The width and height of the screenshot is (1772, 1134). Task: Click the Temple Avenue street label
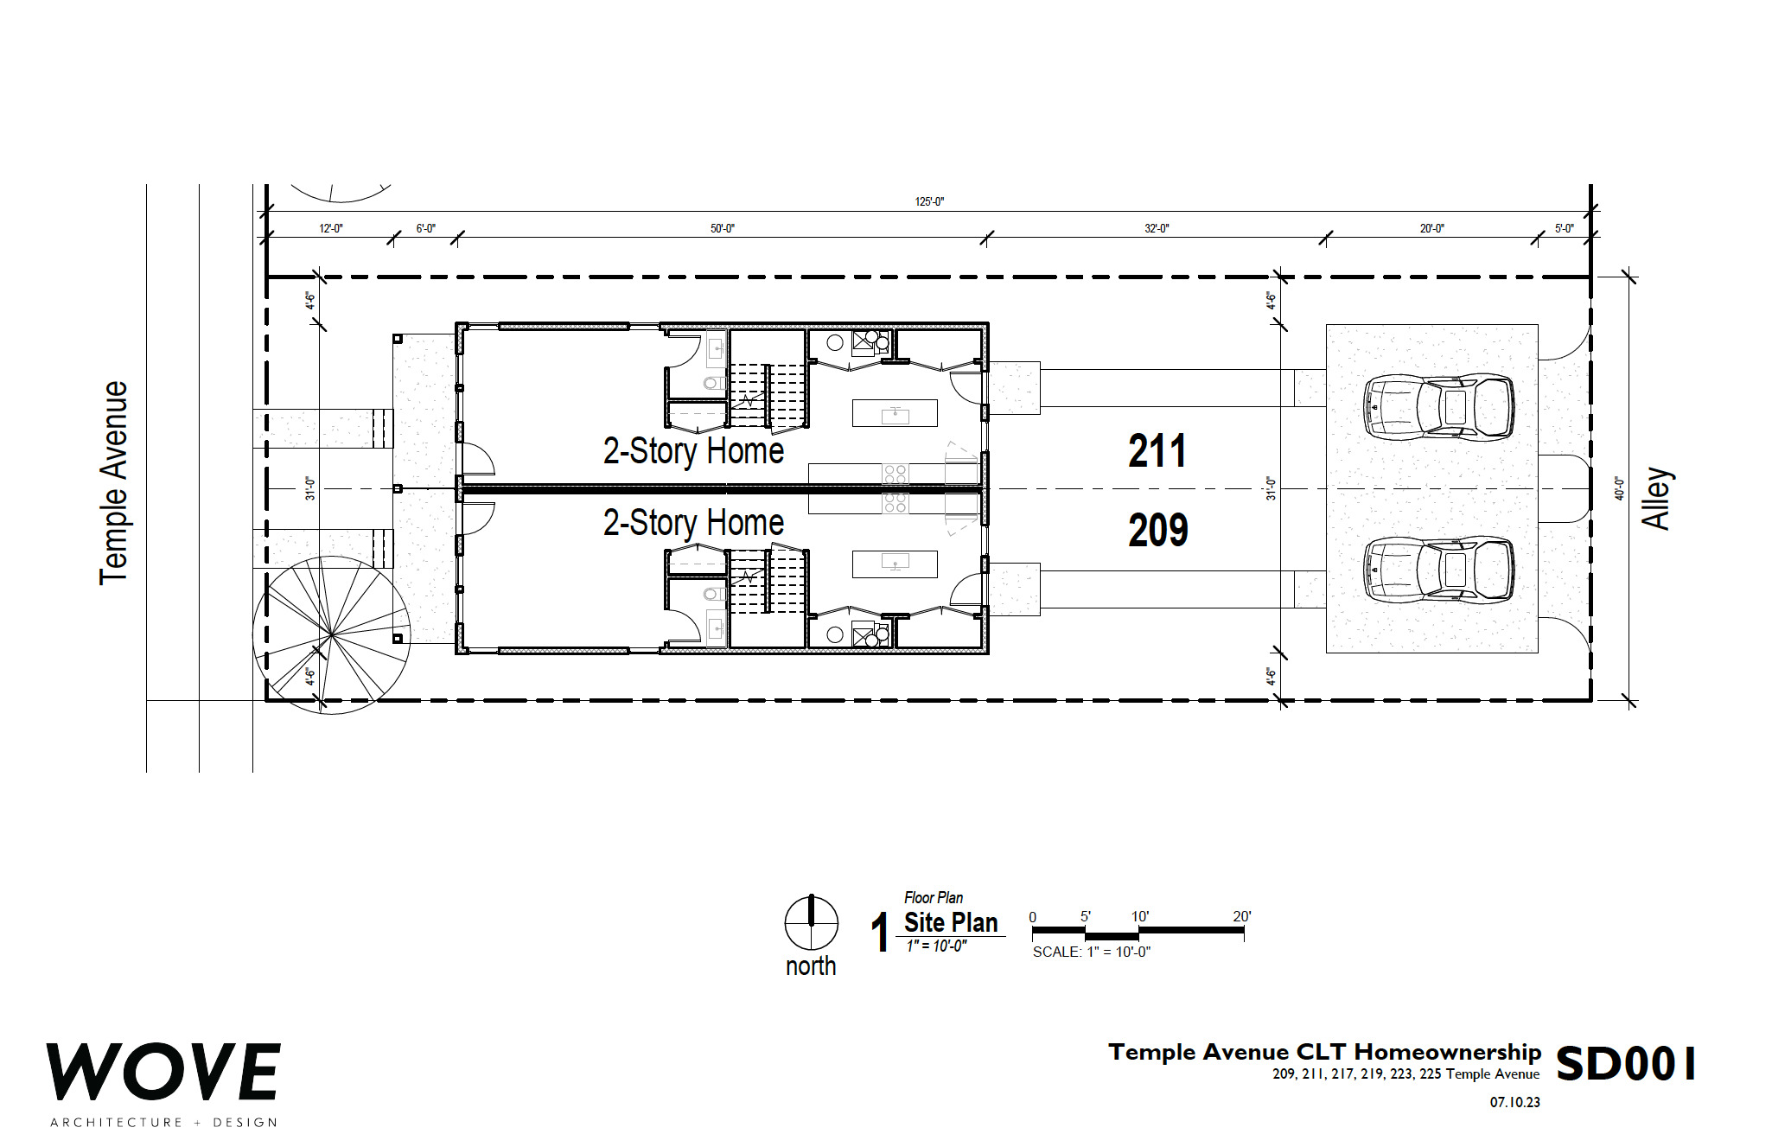point(113,482)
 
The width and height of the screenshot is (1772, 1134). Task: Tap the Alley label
point(1657,498)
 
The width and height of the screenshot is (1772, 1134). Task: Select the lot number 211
point(1157,451)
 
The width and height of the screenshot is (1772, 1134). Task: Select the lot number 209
point(1158,530)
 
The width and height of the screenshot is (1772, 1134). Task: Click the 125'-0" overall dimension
point(929,201)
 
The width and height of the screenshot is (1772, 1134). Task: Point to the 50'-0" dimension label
point(723,228)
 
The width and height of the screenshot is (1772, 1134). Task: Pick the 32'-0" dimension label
point(1157,228)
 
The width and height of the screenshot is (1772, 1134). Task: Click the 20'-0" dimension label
point(1431,228)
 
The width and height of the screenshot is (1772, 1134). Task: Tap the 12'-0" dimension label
point(331,228)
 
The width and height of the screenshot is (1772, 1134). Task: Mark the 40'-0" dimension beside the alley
point(1619,488)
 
